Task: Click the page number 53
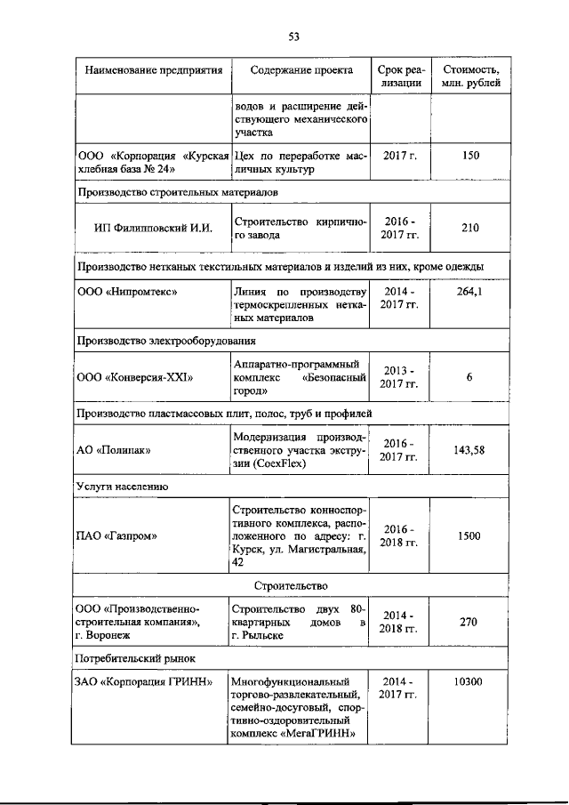coord(293,36)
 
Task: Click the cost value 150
coord(470,156)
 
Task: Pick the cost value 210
coord(470,228)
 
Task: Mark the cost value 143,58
coord(470,450)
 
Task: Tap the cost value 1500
coord(470,536)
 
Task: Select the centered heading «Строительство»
coord(291,585)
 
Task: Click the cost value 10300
coord(470,682)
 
